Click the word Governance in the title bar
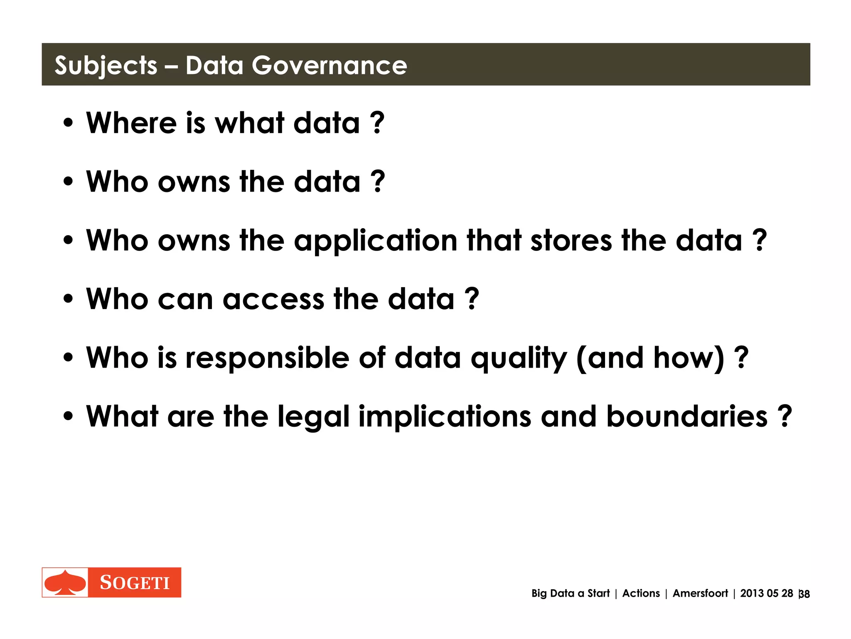(x=329, y=65)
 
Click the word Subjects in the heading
(x=106, y=66)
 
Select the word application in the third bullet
(x=376, y=241)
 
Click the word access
(x=273, y=299)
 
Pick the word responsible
(x=267, y=358)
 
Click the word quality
(x=519, y=358)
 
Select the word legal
(x=313, y=417)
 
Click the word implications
(x=445, y=417)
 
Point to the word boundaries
(x=686, y=416)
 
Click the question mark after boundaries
(x=785, y=416)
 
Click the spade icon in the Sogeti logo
(x=65, y=582)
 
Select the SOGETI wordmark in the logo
(x=135, y=582)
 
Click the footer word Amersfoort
(x=700, y=593)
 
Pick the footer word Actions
(x=641, y=593)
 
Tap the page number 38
(x=804, y=594)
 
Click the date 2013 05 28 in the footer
(x=767, y=593)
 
